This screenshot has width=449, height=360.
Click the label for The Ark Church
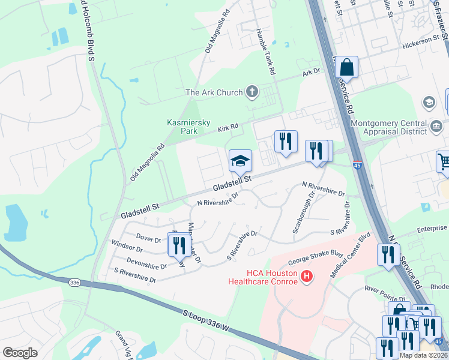click(214, 92)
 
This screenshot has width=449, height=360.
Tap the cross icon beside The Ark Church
click(252, 92)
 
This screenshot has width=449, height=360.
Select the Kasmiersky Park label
click(188, 127)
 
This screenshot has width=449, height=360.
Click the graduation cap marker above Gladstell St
click(240, 161)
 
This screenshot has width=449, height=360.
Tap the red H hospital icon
click(307, 277)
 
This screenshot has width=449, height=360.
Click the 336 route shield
click(74, 282)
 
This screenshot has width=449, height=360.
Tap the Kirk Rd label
click(228, 128)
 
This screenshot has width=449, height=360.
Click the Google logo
click(20, 353)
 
